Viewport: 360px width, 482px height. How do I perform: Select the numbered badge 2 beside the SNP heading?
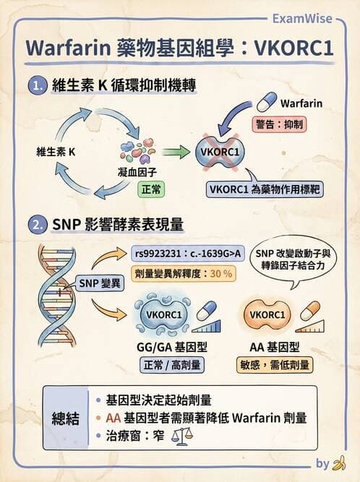point(36,225)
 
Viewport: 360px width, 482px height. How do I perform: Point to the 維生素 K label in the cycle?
point(55,152)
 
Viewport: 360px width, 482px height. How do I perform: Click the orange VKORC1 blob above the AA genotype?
point(267,314)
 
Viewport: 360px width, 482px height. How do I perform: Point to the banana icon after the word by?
point(339,463)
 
